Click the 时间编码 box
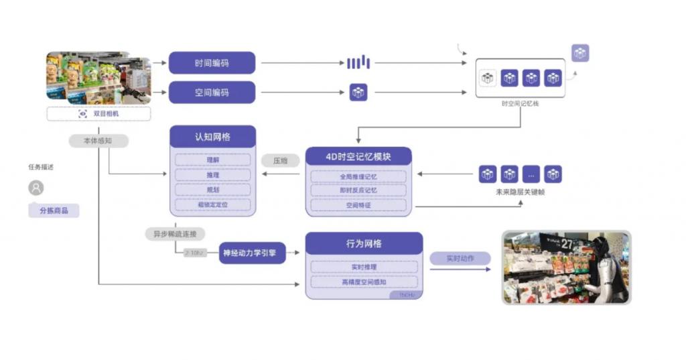coord(212,63)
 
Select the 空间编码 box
coord(212,93)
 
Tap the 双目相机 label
coord(98,114)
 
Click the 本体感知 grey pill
coord(98,141)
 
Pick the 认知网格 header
coord(212,137)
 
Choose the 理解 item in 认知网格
coord(212,160)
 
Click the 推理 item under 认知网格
coord(212,175)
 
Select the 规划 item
coord(212,190)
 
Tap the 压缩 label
coord(280,161)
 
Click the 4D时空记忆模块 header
coord(358,157)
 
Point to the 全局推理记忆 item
coord(358,177)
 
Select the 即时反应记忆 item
coord(358,191)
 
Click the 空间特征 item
coord(358,206)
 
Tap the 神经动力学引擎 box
coord(253,253)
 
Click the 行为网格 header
coord(364,243)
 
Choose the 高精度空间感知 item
coord(364,282)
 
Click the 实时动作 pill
coord(460,258)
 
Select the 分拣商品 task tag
coord(54,211)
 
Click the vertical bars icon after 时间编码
coord(358,63)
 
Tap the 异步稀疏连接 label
coord(175,234)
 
